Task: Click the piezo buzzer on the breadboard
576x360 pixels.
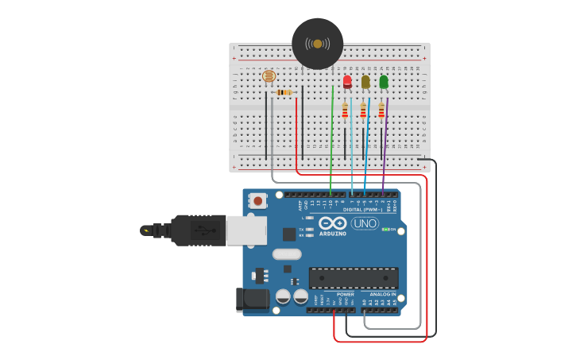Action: [317, 44]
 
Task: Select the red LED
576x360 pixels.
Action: [347, 81]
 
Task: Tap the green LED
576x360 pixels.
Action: [384, 81]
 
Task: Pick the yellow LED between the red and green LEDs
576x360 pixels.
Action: [365, 81]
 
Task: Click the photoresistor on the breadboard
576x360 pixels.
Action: [269, 76]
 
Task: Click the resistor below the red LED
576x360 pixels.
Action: [345, 110]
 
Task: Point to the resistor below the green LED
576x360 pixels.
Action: [381, 110]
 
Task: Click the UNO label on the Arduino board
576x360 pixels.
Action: [365, 223]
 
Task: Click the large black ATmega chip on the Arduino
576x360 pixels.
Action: [354, 277]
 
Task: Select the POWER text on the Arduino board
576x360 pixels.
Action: [345, 294]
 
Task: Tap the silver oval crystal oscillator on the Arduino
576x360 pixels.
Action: [287, 254]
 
